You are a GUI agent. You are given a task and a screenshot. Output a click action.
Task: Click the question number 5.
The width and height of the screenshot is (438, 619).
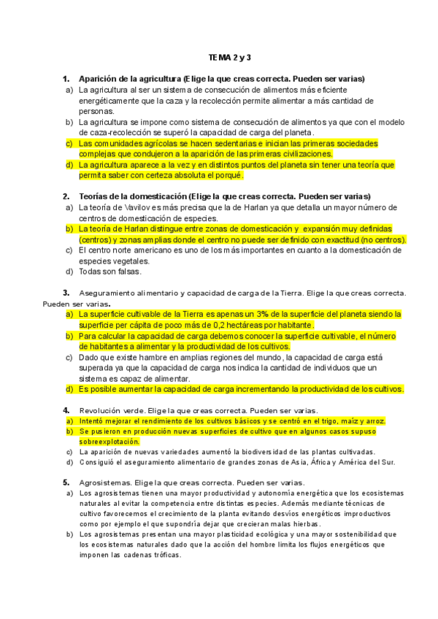tap(66, 482)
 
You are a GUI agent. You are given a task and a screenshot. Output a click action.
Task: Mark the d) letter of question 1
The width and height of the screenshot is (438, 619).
tap(69, 165)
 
